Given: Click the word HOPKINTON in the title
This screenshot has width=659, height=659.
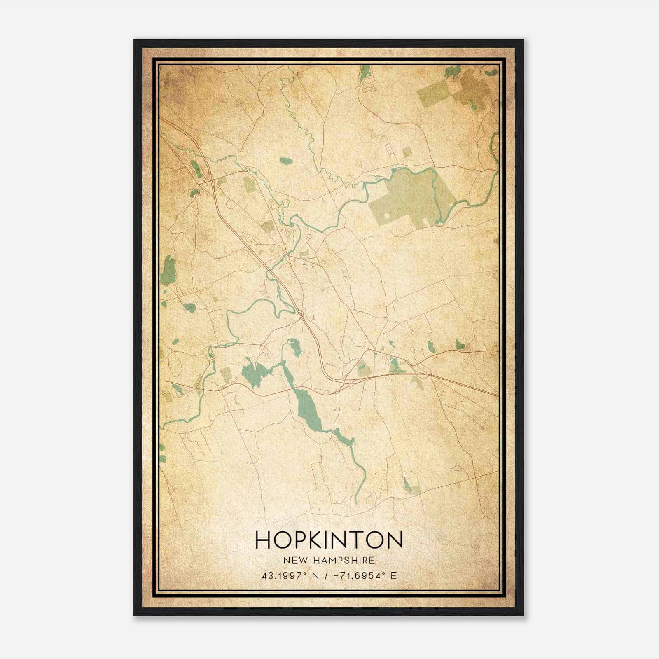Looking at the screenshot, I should (x=329, y=540).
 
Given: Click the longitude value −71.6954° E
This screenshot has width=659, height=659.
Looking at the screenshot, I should (x=362, y=576).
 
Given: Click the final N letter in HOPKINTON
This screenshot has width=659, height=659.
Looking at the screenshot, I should (x=394, y=540).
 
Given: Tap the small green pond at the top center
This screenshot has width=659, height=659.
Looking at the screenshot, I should (x=364, y=74).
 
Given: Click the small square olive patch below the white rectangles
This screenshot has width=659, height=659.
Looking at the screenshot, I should (x=407, y=152).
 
